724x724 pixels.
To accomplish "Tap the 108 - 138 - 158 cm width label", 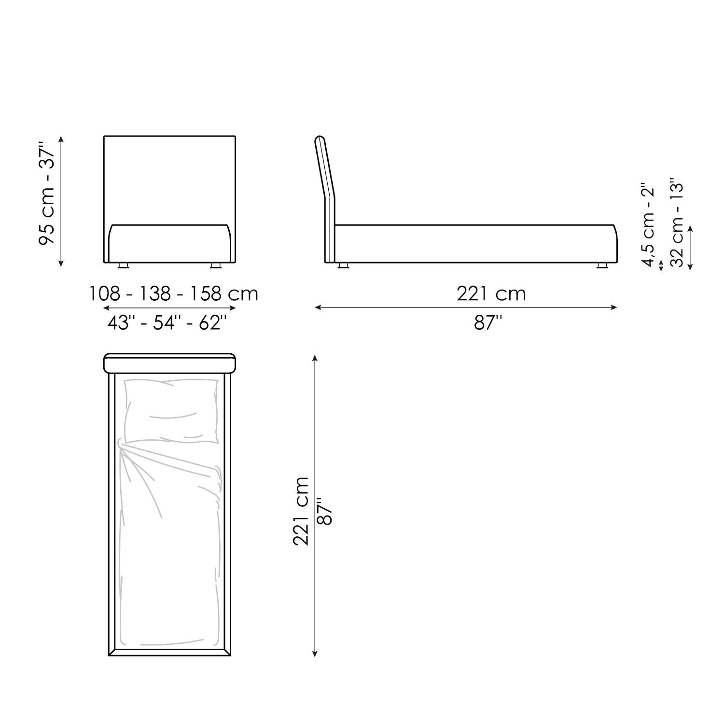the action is point(174,293).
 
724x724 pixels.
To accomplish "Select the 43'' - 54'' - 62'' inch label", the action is point(167,322).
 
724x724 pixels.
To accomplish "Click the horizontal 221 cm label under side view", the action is point(491,293).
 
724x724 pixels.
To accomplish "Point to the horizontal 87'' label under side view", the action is point(488,322).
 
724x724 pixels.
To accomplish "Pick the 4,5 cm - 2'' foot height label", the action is point(648,224).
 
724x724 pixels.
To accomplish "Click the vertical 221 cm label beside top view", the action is point(301,511).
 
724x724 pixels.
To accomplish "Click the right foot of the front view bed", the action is point(215,265).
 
